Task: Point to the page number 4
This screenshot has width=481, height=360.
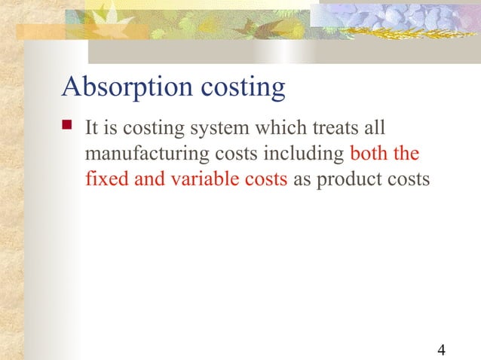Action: tap(441, 349)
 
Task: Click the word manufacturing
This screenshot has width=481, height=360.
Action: tap(140, 155)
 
